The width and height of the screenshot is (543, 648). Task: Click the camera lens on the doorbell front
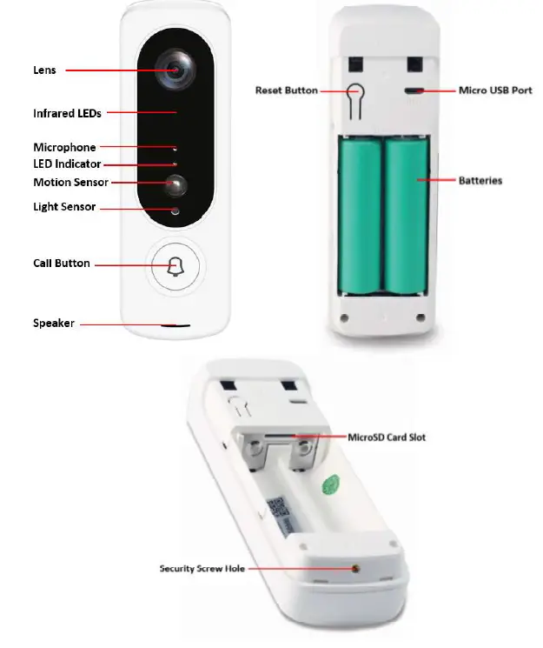click(x=175, y=70)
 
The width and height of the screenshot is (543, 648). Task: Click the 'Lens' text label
click(x=44, y=70)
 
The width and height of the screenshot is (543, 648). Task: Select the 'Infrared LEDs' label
click(x=67, y=113)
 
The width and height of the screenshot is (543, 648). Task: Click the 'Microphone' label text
click(x=64, y=148)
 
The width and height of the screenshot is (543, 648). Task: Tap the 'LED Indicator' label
click(x=67, y=164)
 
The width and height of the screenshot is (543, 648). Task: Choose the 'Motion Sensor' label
click(x=70, y=183)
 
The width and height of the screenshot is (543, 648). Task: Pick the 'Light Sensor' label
click(x=64, y=207)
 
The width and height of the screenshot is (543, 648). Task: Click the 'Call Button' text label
click(x=61, y=264)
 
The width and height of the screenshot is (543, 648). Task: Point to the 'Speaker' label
click(x=54, y=324)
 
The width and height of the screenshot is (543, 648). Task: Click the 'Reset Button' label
click(x=286, y=90)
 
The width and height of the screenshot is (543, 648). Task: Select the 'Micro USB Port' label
click(x=495, y=90)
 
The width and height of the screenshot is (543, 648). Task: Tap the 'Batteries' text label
click(x=480, y=181)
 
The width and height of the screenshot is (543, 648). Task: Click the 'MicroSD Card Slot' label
click(x=387, y=437)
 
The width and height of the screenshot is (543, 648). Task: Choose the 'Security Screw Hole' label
click(x=202, y=569)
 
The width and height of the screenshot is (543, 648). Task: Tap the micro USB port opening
click(x=413, y=90)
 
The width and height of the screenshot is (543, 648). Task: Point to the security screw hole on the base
click(x=356, y=569)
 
